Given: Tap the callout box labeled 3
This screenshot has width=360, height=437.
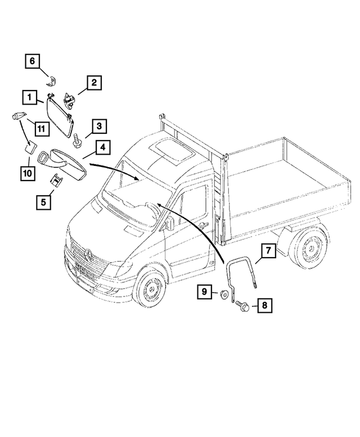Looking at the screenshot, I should tap(97, 126).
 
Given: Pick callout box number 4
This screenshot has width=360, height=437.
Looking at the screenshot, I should tap(103, 148).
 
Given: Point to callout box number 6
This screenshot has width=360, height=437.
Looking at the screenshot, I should tap(32, 60).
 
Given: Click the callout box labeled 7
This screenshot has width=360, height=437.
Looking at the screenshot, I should tap(268, 251).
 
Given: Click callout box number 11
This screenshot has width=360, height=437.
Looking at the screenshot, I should tap(40, 129).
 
